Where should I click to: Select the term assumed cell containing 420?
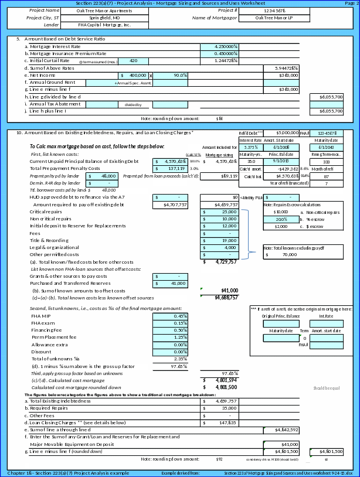coord(134,61)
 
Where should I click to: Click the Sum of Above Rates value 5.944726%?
coord(283,68)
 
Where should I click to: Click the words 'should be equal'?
coord(327,389)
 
